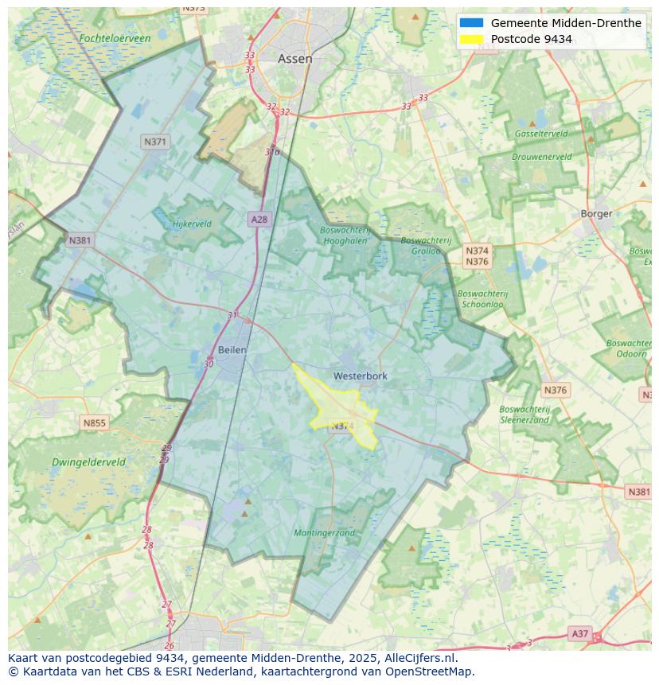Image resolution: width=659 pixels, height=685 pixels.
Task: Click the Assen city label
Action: pos(294,59)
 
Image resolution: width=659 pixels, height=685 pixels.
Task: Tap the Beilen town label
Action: pos(232,350)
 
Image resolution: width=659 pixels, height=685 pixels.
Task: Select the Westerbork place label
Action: pos(360,376)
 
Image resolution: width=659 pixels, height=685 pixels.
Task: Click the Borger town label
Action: pos(596,213)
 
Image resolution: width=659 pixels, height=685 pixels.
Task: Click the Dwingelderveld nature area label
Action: pos(88,462)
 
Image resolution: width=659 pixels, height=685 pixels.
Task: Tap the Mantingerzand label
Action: pos(325,533)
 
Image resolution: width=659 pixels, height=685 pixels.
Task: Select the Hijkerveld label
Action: pos(192,224)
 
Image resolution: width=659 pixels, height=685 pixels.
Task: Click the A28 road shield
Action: pos(259,220)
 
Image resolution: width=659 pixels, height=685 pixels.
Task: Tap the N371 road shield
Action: pos(155,142)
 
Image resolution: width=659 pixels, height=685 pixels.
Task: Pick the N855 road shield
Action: pos(94,423)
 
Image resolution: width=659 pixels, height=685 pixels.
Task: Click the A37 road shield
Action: pos(580,633)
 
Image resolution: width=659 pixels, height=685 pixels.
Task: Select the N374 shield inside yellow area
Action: pos(341,426)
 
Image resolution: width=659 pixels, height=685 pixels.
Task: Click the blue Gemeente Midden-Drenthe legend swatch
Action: pos(471,23)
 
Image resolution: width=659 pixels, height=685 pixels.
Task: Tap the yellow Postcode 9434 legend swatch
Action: pos(471,39)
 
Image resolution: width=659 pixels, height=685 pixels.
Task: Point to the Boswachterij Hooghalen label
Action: pos(345,235)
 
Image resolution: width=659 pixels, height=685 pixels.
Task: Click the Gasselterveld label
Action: pos(540,134)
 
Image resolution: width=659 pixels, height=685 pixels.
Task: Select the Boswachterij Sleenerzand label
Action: pos(524,415)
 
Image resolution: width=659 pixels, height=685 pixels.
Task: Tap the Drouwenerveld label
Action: pos(541,157)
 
